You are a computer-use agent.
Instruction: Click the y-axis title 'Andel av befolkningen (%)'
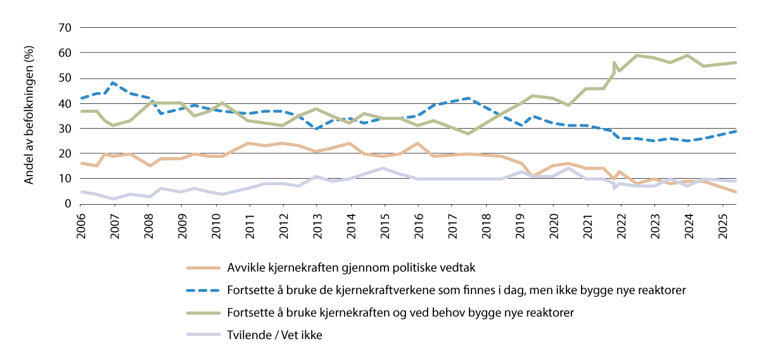coord(29,115)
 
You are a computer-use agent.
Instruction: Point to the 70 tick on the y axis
coord(64,28)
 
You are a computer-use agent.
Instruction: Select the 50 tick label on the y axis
coord(64,78)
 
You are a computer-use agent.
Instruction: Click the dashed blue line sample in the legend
coord(201,290)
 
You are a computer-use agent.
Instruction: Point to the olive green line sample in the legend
coord(201,313)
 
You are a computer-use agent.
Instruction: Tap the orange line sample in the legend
coord(201,267)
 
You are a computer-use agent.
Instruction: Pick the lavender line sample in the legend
coord(201,336)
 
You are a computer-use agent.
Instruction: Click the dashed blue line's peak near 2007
coord(113,83)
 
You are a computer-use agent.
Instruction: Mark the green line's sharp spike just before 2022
coord(614,63)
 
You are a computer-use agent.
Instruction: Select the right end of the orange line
coord(735,191)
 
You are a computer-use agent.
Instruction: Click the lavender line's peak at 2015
coord(384,168)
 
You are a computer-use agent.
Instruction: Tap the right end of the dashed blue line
coord(735,131)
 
